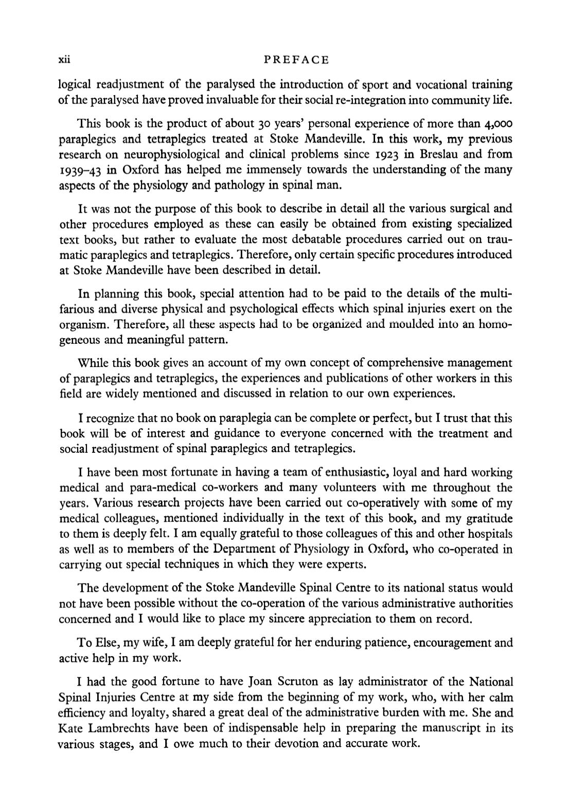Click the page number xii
[x=64, y=60]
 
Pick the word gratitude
[x=489, y=518]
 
